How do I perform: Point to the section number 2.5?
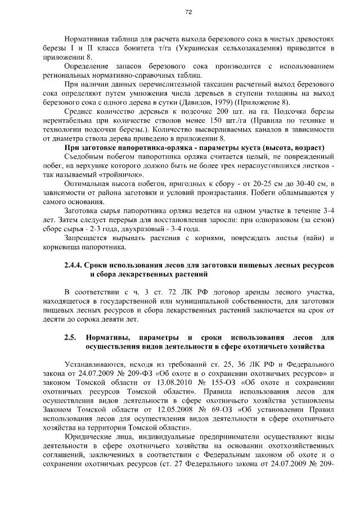(x=70, y=337)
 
